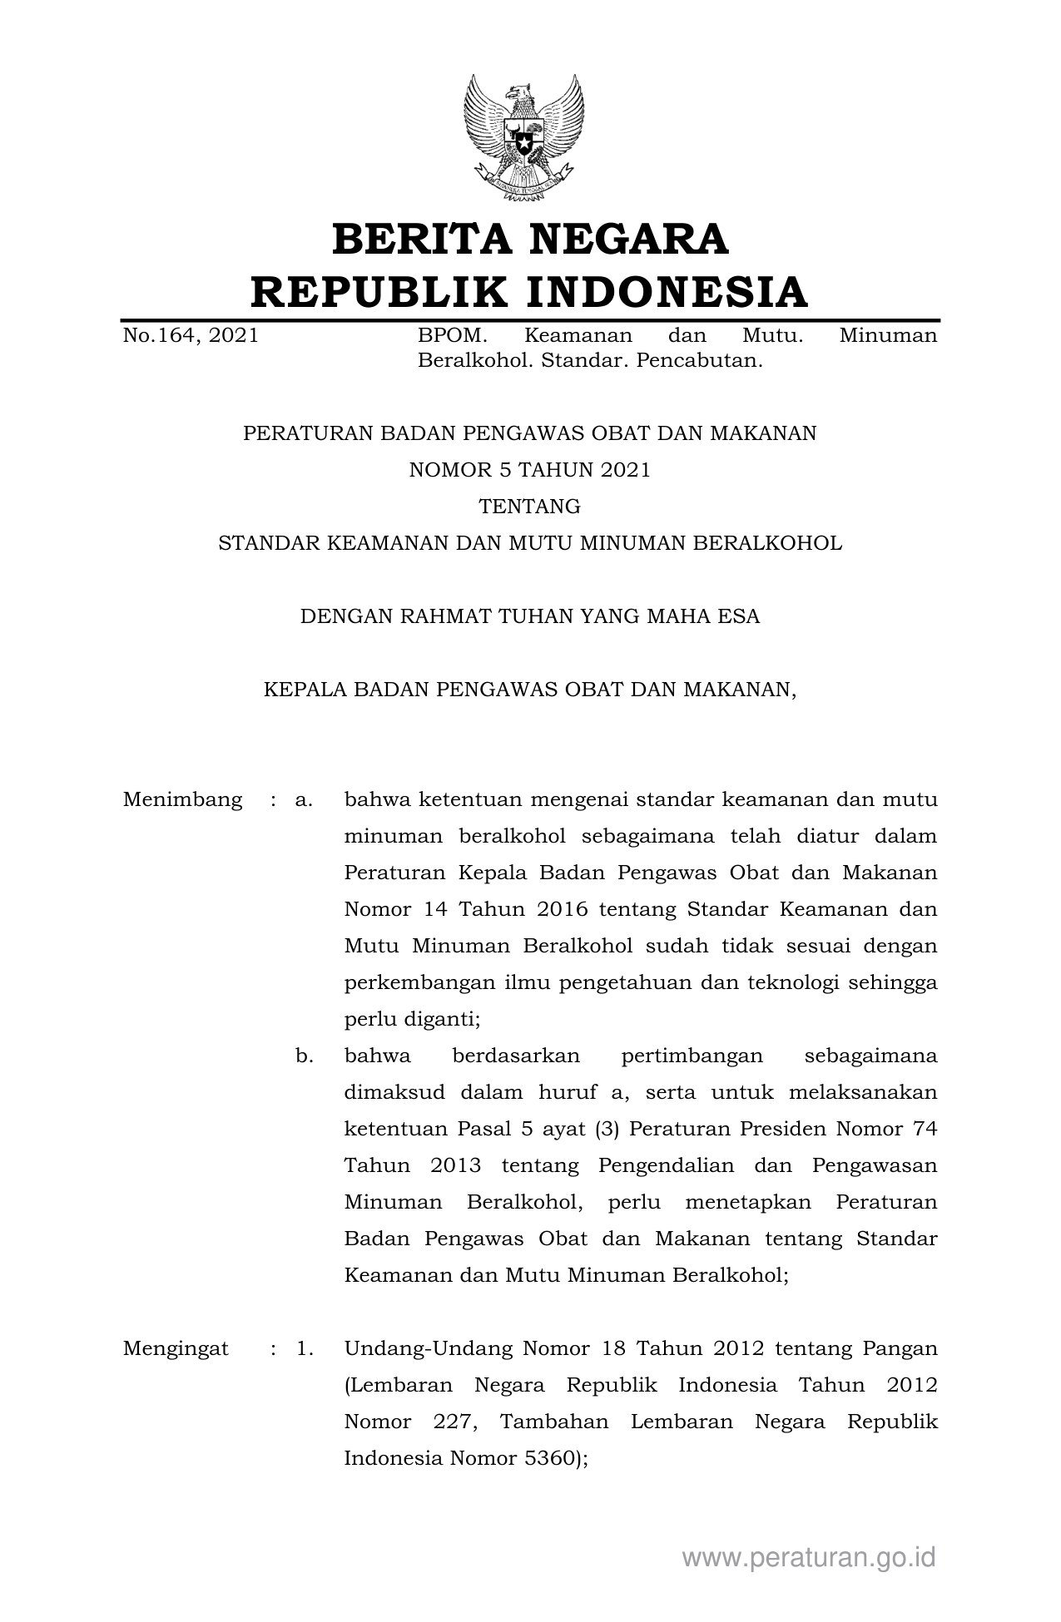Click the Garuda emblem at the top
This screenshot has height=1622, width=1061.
523,137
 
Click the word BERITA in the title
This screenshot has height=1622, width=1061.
418,240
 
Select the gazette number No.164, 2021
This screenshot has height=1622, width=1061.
191,336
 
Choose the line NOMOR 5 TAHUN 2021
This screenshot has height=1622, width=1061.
529,471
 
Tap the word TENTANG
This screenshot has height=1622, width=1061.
529,507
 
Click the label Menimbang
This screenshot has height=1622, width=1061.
182,800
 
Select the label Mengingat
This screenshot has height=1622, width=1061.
176,1349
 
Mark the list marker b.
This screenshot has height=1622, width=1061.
305,1056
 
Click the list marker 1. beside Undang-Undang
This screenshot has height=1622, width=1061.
305,1349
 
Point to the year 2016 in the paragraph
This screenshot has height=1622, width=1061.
562,909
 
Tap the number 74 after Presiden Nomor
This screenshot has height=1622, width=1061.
925,1129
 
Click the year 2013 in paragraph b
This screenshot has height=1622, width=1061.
456,1165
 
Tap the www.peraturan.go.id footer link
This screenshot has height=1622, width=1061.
809,1557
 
